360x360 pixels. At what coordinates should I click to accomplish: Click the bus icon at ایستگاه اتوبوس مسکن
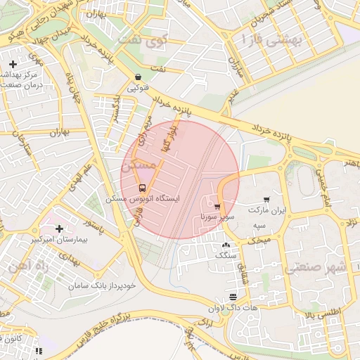coord(143,188)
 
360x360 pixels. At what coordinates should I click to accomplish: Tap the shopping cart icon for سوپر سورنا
coord(217,207)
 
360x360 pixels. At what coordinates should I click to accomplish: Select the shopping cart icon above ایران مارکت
coord(266,200)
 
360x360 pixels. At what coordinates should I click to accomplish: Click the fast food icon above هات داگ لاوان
coord(233,297)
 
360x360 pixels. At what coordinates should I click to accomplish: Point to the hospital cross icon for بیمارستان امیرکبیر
coord(59,229)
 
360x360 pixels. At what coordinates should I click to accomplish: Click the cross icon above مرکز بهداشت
coord(13,64)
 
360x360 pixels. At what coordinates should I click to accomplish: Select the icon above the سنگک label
coord(226,245)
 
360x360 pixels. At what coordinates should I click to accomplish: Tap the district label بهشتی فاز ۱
coord(271,40)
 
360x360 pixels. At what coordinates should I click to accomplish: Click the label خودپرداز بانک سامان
coord(101,287)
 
